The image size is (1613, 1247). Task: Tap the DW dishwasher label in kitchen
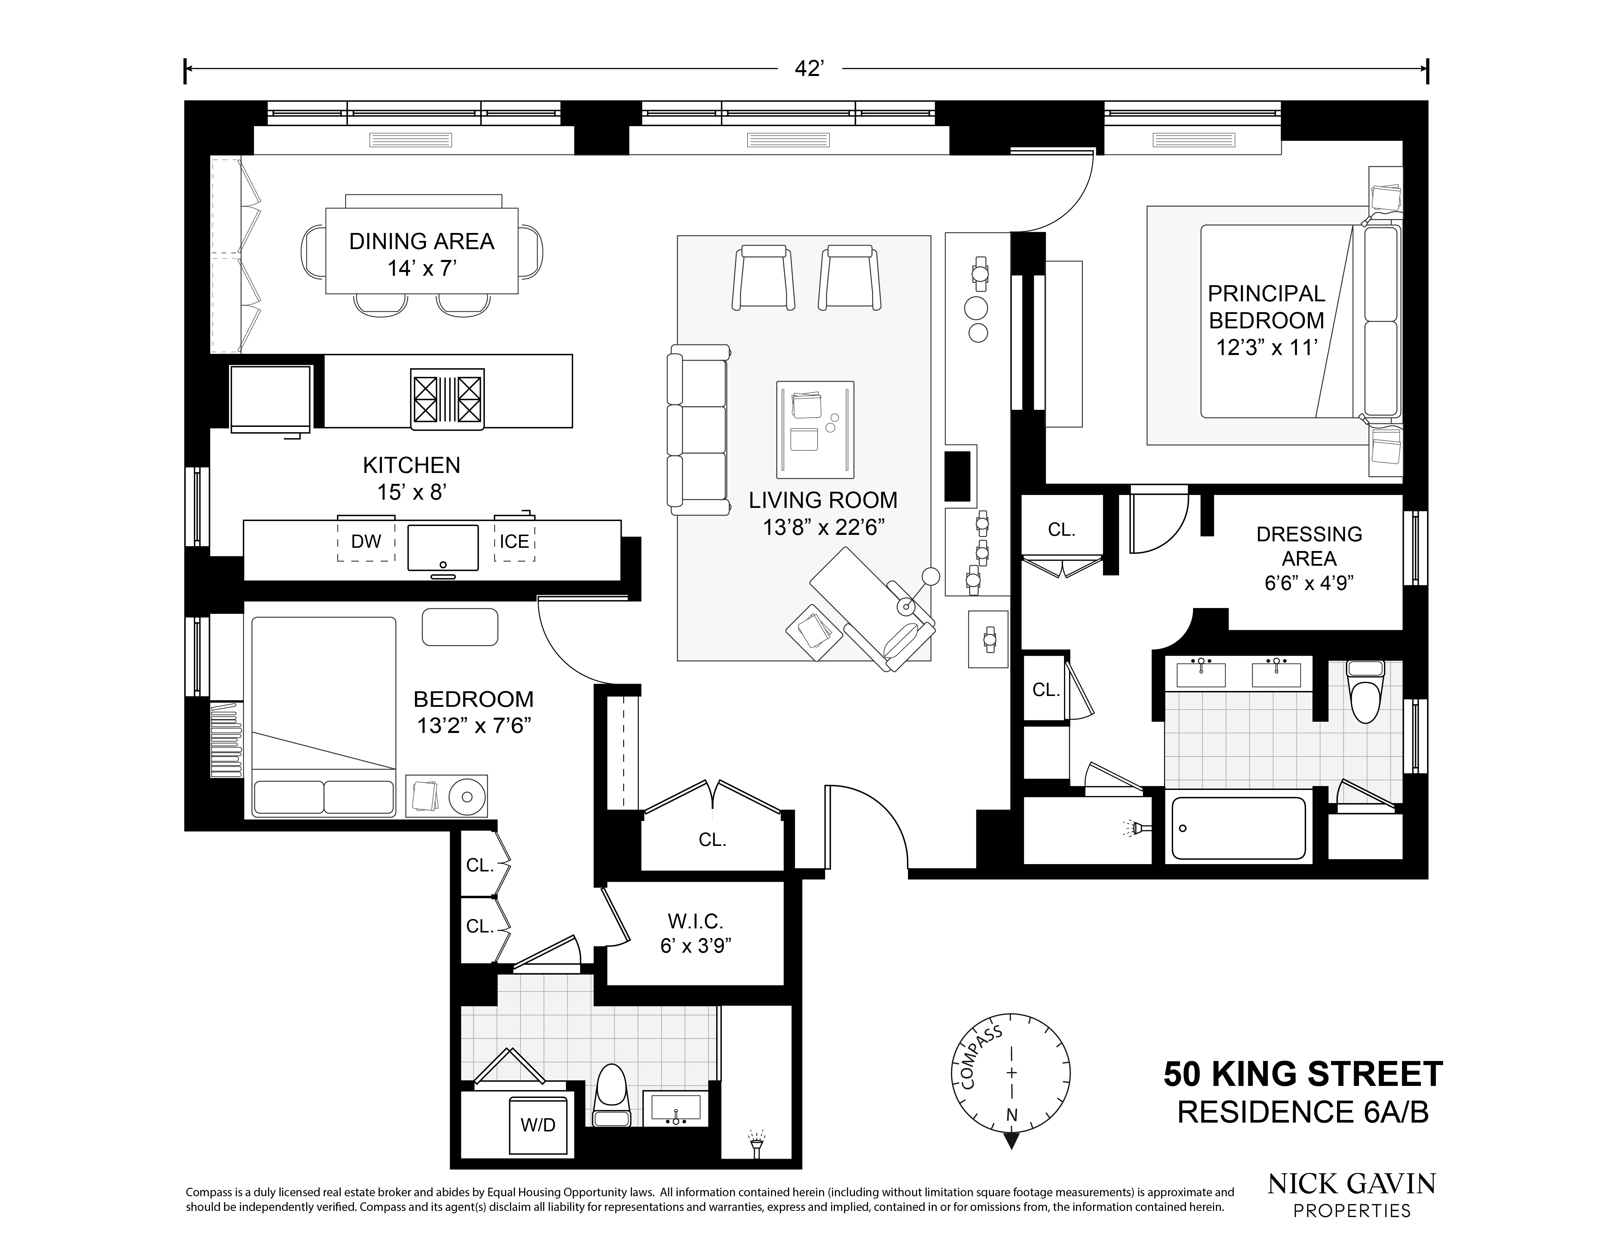(x=366, y=542)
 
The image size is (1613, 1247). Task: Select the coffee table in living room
(x=815, y=429)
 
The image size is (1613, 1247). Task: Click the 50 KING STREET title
(x=1303, y=1074)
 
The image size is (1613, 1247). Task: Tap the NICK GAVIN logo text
(x=1352, y=1184)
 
